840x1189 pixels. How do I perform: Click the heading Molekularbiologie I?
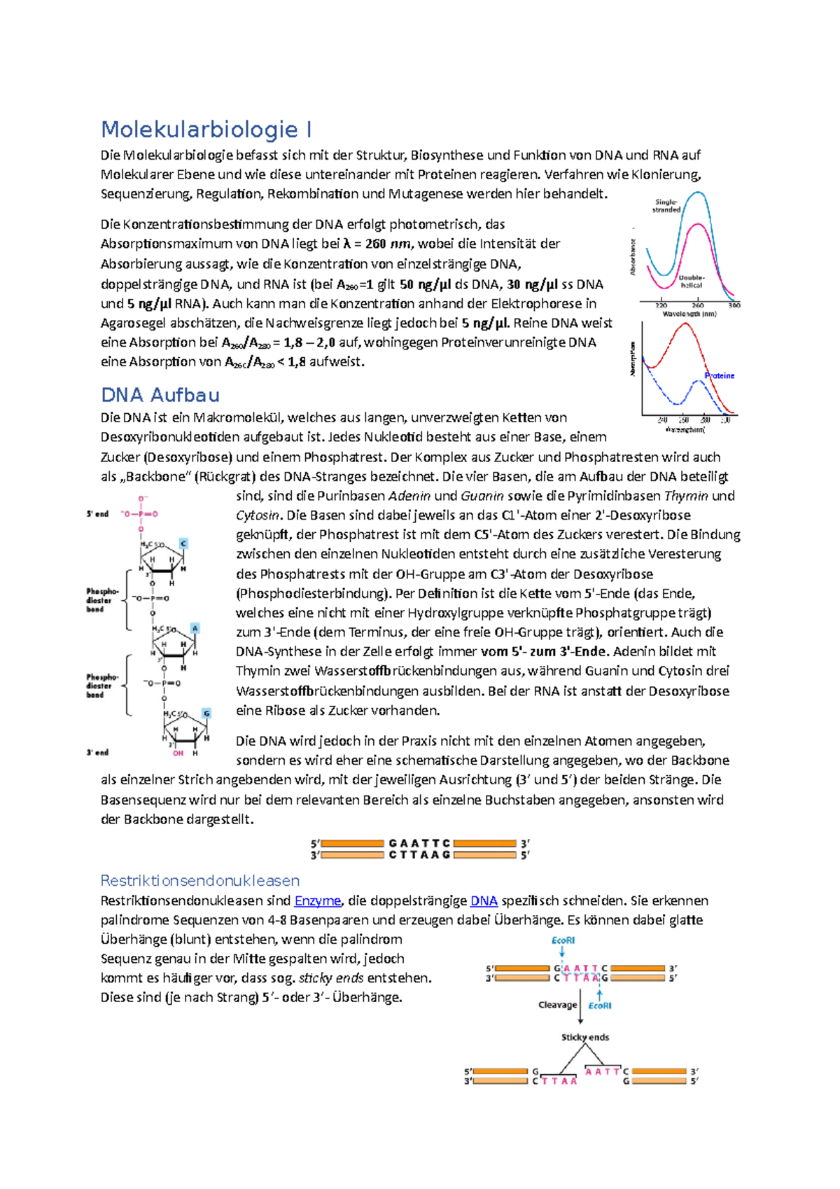click(206, 130)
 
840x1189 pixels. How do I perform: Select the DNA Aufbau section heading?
click(160, 396)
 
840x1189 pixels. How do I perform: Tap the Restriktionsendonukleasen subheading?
click(199, 881)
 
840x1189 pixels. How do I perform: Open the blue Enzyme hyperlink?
click(317, 901)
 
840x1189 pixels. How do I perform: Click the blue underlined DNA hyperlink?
click(484, 901)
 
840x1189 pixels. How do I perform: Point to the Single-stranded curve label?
click(666, 206)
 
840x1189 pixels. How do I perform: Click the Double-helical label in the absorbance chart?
click(692, 281)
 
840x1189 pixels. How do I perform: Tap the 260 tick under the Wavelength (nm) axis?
click(698, 305)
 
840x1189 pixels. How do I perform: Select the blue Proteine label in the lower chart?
click(720, 376)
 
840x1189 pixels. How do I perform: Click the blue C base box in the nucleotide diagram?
click(183, 543)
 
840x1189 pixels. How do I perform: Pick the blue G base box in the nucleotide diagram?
click(206, 713)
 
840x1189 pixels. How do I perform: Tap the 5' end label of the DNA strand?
click(97, 514)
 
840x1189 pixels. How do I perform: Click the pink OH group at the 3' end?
click(178, 753)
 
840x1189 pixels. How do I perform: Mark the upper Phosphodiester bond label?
click(101, 600)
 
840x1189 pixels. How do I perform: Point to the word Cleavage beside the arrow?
click(557, 1005)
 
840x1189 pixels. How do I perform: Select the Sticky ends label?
click(585, 1037)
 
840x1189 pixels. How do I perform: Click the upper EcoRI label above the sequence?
click(563, 940)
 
